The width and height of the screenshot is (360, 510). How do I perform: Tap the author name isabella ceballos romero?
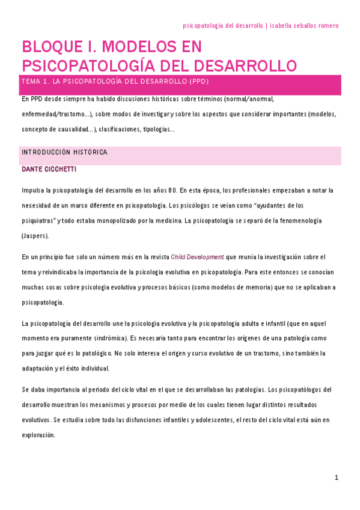point(304,26)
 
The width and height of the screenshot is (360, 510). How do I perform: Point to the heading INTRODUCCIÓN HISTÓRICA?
point(64,152)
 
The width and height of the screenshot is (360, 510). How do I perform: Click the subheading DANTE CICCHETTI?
point(49,170)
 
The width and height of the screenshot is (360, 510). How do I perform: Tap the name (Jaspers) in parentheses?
point(35,236)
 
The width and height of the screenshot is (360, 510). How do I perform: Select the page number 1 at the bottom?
point(337,478)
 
